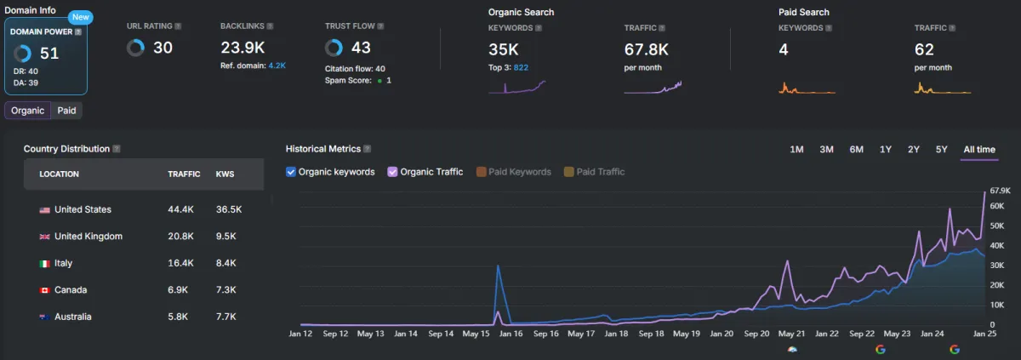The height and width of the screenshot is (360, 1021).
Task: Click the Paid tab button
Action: coord(66,111)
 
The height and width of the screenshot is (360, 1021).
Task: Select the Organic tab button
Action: coord(27,111)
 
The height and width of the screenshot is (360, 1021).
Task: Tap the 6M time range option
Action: coord(856,150)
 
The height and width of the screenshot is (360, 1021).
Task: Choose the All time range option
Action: coord(979,150)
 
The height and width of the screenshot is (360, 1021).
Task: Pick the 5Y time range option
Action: coord(941,150)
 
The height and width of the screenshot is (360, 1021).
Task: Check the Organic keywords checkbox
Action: coord(292,172)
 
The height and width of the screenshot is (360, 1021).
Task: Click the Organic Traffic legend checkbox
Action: coord(392,172)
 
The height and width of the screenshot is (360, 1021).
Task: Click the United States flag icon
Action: coord(44,210)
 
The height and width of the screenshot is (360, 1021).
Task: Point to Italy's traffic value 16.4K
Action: coord(181,264)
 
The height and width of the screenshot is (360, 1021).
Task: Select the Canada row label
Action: coord(71,290)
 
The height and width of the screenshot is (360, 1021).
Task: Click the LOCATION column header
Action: coord(59,174)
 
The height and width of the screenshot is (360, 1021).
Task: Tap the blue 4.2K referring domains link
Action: coord(277,65)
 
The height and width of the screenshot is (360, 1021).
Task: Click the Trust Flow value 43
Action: coord(361,48)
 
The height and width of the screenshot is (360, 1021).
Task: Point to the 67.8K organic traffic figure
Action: coord(646,49)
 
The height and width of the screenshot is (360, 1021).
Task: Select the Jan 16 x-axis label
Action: coord(511,334)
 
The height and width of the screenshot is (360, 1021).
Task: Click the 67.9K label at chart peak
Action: coord(1000,191)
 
